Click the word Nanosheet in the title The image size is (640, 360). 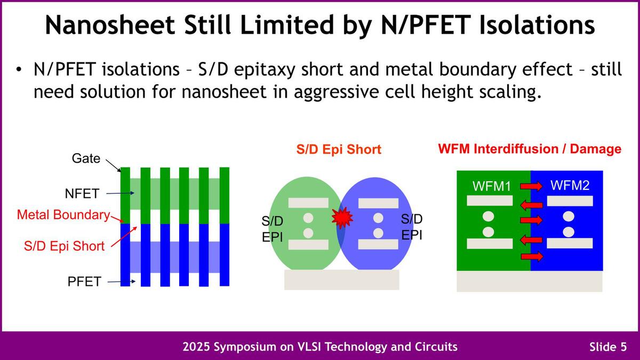tap(110, 25)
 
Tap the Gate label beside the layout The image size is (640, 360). tap(86, 158)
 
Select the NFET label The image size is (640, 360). tap(82, 194)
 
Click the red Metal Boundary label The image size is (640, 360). tap(63, 215)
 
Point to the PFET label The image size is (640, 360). tap(84, 282)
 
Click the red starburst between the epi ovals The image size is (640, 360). tap(342, 218)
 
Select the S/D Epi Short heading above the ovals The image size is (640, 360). tap(339, 149)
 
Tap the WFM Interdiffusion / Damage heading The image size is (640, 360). tap(530, 149)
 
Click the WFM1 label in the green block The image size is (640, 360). tap(491, 186)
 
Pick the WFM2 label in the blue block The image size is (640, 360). tap(570, 186)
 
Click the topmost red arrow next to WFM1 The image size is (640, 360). tap(531, 186)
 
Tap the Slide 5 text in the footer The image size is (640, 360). tap(608, 347)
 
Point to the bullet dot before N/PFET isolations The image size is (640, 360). tap(19, 69)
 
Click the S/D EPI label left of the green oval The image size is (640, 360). tap(273, 229)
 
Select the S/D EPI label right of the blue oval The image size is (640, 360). tap(412, 227)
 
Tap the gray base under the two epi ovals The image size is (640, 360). tap(342, 279)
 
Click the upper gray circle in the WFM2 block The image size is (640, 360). tap(569, 217)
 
